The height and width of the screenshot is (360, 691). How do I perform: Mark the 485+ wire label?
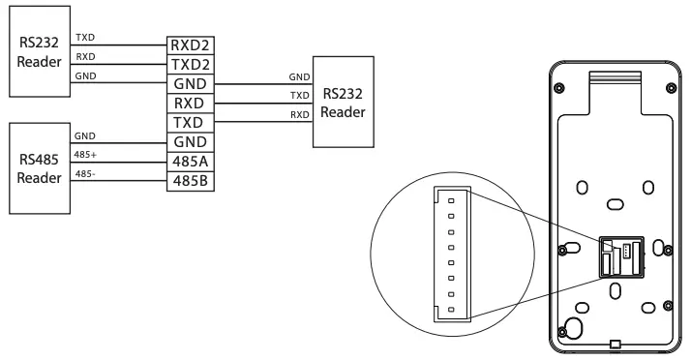(x=86, y=155)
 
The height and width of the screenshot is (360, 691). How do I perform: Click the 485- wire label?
(x=85, y=175)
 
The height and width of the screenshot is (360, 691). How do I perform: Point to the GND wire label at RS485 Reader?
(x=84, y=136)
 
